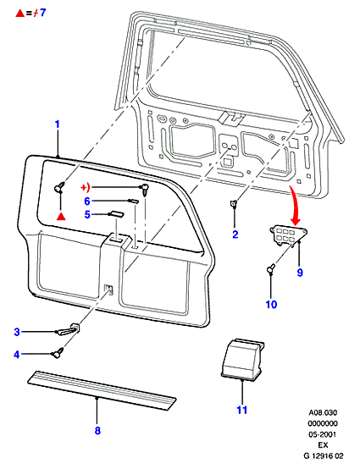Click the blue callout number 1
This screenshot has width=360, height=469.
(x=58, y=124)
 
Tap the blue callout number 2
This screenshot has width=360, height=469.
(x=235, y=234)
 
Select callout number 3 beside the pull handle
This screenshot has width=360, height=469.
(x=17, y=332)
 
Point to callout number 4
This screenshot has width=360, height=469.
(x=17, y=355)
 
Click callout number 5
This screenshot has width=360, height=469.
(x=87, y=214)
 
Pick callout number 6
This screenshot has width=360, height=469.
(x=87, y=201)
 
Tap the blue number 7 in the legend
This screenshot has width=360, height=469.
(x=43, y=13)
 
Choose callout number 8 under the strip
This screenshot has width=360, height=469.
(x=97, y=431)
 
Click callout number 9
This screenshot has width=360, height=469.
(x=300, y=273)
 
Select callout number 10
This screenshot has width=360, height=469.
(x=271, y=305)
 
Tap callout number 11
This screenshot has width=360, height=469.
(x=241, y=410)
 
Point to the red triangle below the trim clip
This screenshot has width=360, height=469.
(x=61, y=217)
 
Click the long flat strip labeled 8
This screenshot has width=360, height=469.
(x=102, y=390)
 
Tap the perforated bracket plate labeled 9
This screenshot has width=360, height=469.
(x=289, y=235)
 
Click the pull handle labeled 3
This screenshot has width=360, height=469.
(x=69, y=329)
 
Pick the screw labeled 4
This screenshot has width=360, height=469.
(x=58, y=352)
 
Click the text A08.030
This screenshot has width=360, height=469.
(x=323, y=412)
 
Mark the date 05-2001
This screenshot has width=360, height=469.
(x=322, y=434)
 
